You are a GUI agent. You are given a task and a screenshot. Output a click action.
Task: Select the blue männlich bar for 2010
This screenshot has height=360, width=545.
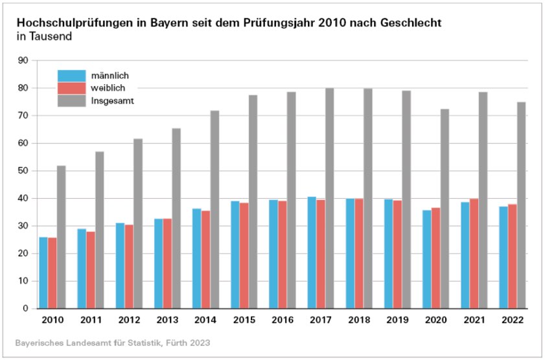[43, 273]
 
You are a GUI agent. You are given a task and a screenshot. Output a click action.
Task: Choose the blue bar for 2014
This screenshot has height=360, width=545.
[196, 258]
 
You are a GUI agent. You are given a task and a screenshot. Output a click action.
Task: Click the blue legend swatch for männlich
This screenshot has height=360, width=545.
[71, 75]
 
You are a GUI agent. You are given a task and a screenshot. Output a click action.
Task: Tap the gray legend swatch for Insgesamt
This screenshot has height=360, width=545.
[71, 100]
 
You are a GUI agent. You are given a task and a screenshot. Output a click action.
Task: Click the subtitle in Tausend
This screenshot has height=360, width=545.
[43, 37]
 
